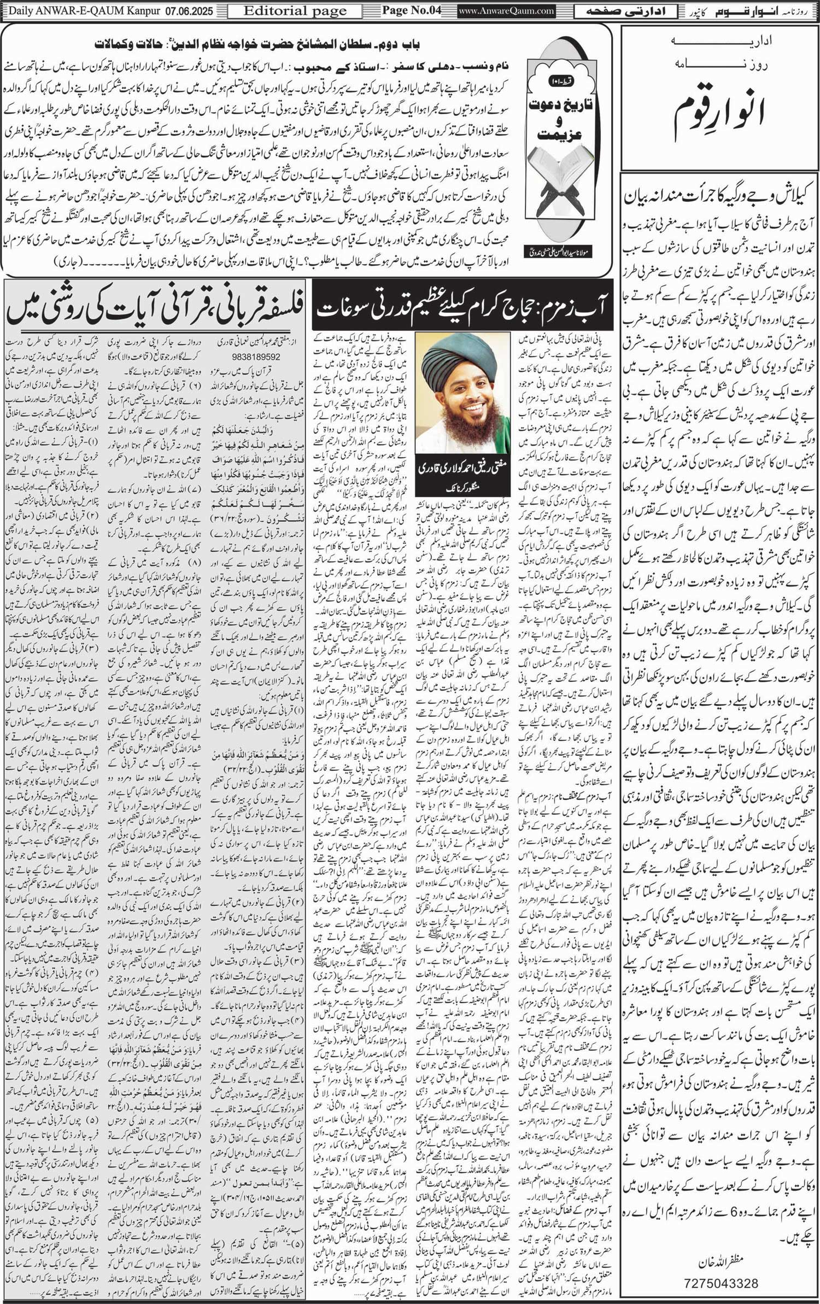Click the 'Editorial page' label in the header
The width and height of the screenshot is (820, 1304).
click(x=295, y=11)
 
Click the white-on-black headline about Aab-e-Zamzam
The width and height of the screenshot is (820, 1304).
click(x=462, y=308)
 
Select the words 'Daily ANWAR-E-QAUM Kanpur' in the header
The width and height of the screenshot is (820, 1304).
click(x=77, y=10)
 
